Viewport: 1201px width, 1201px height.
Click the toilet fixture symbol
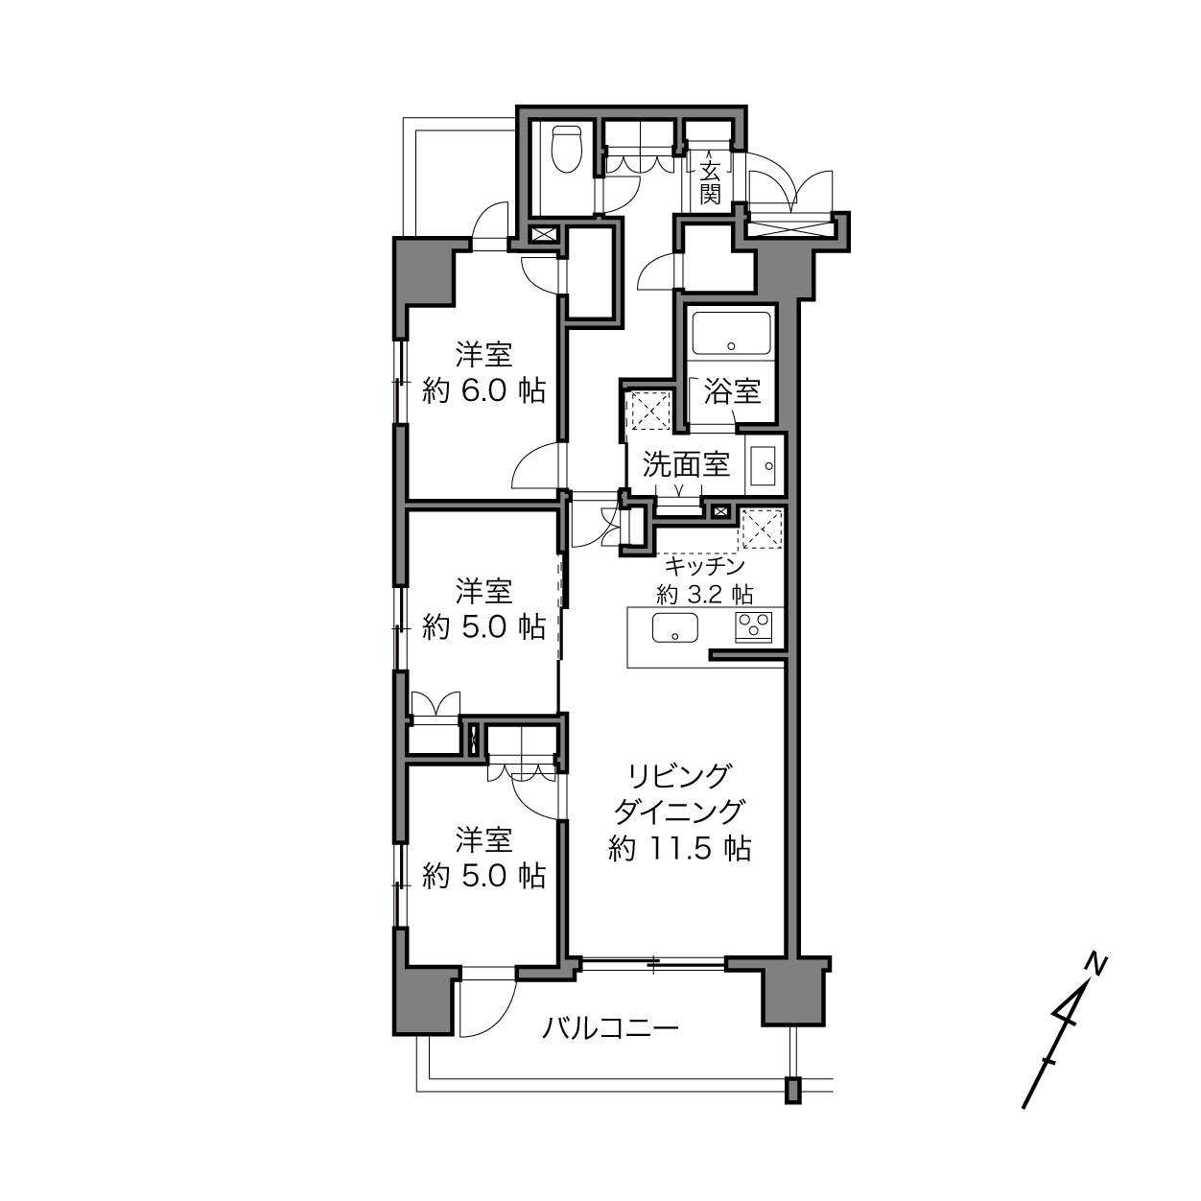point(567,150)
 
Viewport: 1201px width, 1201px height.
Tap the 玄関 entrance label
point(710,182)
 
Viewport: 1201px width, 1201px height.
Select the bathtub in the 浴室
point(731,333)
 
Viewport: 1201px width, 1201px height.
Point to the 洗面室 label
point(686,464)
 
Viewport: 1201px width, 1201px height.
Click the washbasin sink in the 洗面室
point(763,465)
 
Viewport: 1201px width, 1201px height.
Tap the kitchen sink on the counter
point(675,627)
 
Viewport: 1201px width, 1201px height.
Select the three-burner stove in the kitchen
point(754,626)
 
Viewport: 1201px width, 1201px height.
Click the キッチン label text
point(705,567)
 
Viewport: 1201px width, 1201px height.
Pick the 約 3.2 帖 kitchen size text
point(705,595)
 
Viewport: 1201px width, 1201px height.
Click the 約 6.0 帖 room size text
point(483,391)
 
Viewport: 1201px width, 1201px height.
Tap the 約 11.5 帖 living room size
point(679,848)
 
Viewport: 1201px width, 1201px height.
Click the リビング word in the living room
point(679,777)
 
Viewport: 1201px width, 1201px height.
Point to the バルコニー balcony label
point(610,1027)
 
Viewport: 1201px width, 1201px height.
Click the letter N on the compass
point(1095,965)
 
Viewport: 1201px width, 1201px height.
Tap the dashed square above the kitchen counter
point(762,530)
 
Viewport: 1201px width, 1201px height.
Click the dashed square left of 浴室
point(650,411)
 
